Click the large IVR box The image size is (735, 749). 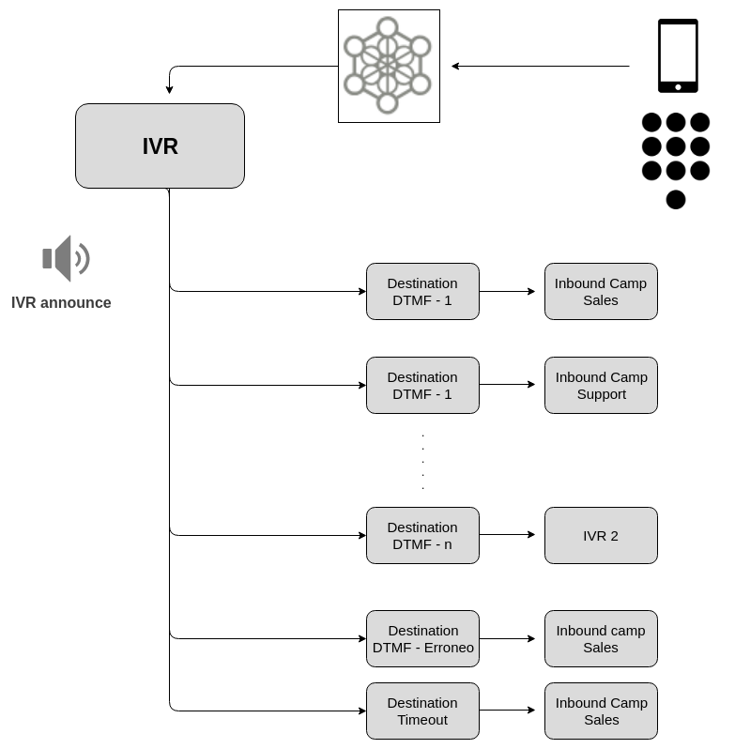click(x=160, y=145)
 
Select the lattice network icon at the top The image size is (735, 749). click(x=388, y=66)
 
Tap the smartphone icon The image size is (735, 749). click(x=678, y=55)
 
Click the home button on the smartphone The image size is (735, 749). click(x=678, y=87)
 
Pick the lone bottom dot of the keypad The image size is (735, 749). click(x=676, y=199)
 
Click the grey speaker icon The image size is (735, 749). click(x=65, y=258)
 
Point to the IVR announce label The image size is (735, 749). click(x=61, y=302)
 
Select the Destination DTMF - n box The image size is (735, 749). click(x=422, y=535)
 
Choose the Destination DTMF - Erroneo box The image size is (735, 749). click(x=422, y=638)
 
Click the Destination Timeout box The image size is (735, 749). click(x=422, y=711)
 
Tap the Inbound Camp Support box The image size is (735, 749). click(x=601, y=385)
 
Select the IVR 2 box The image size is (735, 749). click(x=601, y=535)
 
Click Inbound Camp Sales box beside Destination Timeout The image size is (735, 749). click(x=601, y=711)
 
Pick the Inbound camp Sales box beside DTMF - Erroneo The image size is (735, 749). click(x=601, y=638)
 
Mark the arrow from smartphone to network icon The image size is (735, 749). click(x=540, y=66)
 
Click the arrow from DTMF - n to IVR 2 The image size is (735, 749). click(x=507, y=534)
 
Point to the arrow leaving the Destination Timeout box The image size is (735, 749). click(x=507, y=710)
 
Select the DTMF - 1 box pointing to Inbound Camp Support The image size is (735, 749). click(x=422, y=385)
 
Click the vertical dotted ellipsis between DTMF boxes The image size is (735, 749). click(x=422, y=461)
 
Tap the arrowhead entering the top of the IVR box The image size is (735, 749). click(x=169, y=90)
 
